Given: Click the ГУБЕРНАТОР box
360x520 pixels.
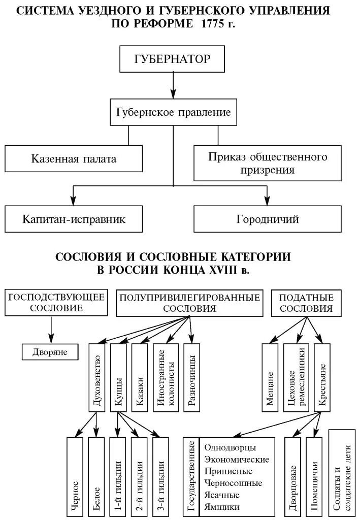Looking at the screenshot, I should [x=172, y=58].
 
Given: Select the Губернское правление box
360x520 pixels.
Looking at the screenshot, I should [x=173, y=112].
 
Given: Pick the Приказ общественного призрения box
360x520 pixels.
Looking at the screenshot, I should [x=267, y=163].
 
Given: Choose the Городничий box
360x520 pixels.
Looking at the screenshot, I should [x=267, y=219].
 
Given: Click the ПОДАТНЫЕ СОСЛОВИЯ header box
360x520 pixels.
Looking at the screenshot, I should [x=306, y=303].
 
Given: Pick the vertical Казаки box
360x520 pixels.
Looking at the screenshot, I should [x=140, y=377].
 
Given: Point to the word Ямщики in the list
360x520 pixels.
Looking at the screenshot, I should [x=221, y=506].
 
